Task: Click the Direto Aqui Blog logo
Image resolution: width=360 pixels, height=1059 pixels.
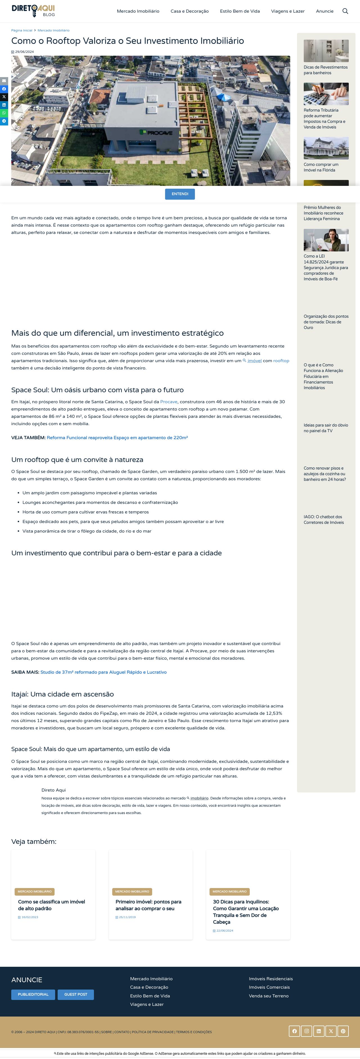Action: pyautogui.click(x=33, y=11)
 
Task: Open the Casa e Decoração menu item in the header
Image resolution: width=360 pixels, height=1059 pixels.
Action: pyautogui.click(x=190, y=11)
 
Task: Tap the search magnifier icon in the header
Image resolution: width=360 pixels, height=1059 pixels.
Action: pyautogui.click(x=345, y=11)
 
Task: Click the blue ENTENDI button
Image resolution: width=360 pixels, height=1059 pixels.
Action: pyautogui.click(x=180, y=194)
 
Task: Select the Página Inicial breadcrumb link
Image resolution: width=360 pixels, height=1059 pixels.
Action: pyautogui.click(x=22, y=30)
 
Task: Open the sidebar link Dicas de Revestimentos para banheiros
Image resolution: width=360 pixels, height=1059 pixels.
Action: pyautogui.click(x=325, y=70)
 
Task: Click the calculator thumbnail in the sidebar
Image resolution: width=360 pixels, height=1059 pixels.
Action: pyautogui.click(x=326, y=94)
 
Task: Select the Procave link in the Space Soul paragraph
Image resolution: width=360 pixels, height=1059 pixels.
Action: pyautogui.click(x=168, y=402)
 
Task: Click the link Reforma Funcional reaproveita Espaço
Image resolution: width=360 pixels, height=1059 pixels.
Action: pyautogui.click(x=117, y=438)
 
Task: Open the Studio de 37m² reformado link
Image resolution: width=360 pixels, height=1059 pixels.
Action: pyautogui.click(x=103, y=672)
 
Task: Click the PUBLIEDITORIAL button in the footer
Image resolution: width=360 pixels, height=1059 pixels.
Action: pyautogui.click(x=33, y=994)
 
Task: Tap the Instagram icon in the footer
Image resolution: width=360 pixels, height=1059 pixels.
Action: pyautogui.click(x=307, y=1031)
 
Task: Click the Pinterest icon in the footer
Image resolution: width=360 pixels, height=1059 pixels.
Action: pyautogui.click(x=343, y=1031)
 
